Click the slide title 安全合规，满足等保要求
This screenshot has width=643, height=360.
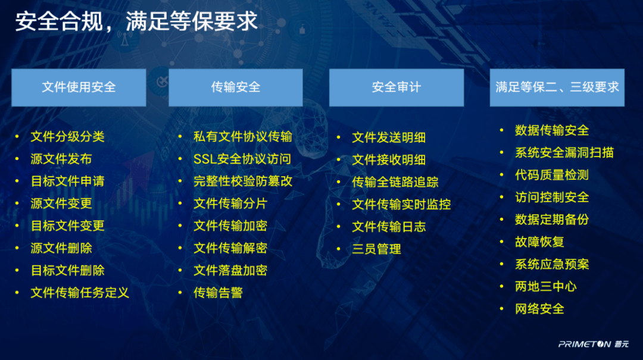coord(136,21)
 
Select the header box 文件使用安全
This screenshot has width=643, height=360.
coord(79,87)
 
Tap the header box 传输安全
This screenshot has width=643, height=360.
coord(236,87)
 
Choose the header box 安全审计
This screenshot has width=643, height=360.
coord(397,87)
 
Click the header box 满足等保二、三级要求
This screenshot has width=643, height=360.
coord(557,87)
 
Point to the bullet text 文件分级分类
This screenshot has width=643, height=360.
coord(67,137)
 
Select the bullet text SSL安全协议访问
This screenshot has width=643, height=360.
coord(242,159)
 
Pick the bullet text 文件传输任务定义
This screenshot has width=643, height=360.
coord(80,293)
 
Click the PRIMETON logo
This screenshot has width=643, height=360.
coord(593,344)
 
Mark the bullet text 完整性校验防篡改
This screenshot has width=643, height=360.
coord(243,181)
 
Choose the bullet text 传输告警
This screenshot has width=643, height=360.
coord(218,293)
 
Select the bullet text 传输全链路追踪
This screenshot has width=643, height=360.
coord(395,182)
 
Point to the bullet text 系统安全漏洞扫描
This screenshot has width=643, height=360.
coord(564,153)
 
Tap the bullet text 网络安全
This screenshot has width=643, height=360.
coord(539,309)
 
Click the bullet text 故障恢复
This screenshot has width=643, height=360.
coord(539,242)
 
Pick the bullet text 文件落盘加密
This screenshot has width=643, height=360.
coord(230,271)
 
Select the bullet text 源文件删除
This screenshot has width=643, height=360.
coord(61,248)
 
